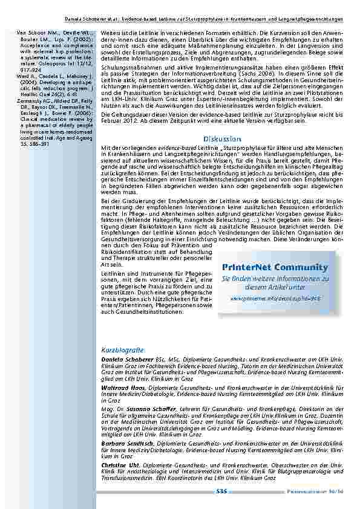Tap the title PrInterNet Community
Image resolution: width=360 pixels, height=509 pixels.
[x=275, y=267]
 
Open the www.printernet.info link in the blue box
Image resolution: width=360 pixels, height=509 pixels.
[x=275, y=298]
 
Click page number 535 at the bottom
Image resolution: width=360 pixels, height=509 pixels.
[x=221, y=491]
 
